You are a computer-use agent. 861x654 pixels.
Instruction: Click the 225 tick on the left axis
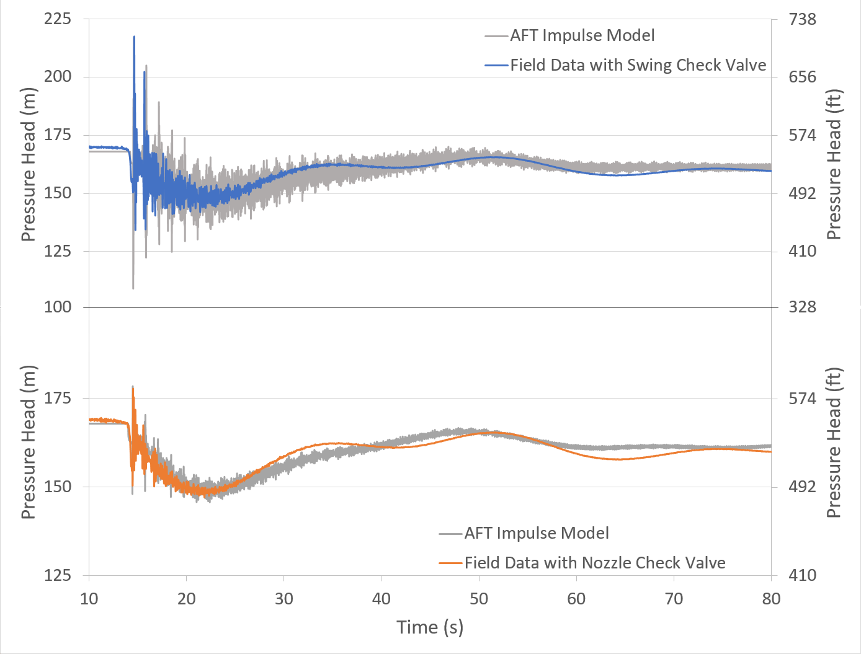coord(57,19)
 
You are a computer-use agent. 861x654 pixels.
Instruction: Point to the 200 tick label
coord(57,77)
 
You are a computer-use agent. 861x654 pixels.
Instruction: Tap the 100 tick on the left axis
coord(57,307)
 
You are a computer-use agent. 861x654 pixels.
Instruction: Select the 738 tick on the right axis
coord(802,19)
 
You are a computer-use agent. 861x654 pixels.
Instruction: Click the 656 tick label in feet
coord(802,77)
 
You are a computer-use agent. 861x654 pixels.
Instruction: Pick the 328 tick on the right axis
coord(802,307)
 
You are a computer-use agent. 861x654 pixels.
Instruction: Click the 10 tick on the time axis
coord(89,598)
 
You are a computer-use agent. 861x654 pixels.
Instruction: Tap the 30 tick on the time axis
coord(284,598)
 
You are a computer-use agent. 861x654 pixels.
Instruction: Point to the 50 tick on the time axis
coord(479,598)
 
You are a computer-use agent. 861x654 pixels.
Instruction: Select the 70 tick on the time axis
coord(674,598)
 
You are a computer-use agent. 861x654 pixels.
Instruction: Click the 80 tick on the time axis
coord(771,598)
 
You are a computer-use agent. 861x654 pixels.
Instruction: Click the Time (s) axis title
coord(430,627)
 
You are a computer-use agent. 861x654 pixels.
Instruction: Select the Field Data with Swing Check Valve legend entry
coord(638,65)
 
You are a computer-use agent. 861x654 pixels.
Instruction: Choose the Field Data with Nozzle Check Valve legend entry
coord(594,563)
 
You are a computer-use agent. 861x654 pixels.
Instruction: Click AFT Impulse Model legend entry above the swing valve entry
coord(582,35)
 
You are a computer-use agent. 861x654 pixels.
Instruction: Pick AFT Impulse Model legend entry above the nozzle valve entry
coord(536,533)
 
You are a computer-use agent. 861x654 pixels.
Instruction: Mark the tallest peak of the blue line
coord(134,37)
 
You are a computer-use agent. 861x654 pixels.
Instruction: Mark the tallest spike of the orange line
coord(133,387)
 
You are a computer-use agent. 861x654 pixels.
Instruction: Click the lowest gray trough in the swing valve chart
coord(133,288)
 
